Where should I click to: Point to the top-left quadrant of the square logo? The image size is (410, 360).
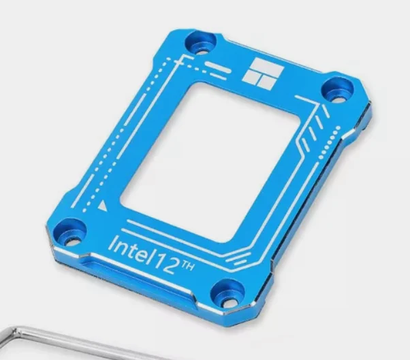pos(257,65)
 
